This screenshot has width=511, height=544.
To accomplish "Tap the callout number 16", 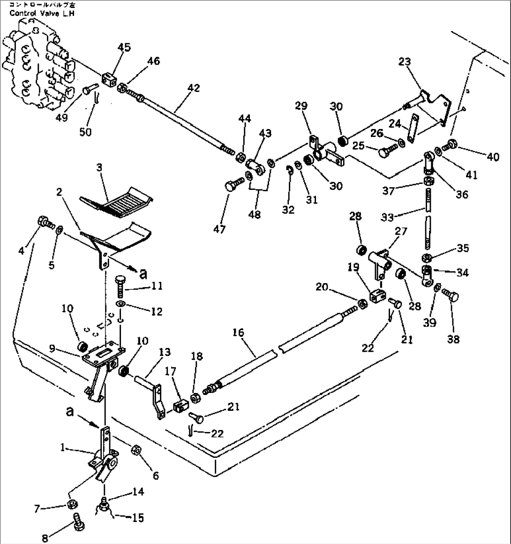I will click(238, 333).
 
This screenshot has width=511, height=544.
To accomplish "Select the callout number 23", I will click(405, 62).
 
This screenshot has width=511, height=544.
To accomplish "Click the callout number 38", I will click(454, 339).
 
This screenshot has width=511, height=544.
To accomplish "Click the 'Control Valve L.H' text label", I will click(42, 13).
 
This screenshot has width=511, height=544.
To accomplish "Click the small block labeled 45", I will click(109, 77).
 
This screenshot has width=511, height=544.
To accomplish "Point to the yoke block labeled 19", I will click(377, 296).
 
